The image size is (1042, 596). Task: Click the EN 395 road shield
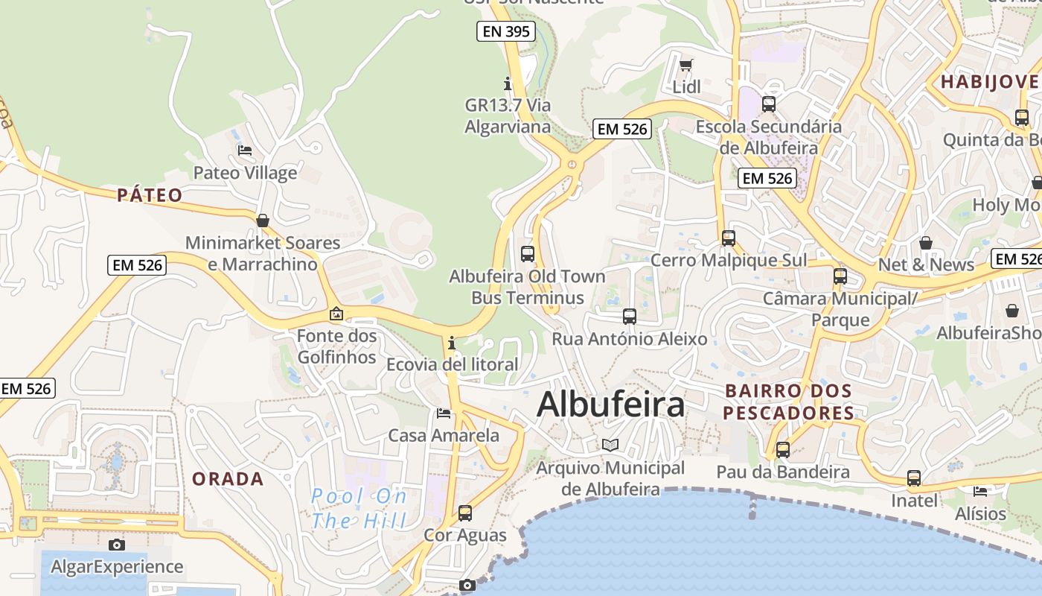pyautogui.click(x=507, y=31)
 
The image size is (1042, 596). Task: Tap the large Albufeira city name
pyautogui.click(x=610, y=405)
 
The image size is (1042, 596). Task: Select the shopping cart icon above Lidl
pyautogui.click(x=686, y=65)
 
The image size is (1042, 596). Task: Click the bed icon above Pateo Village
pyautogui.click(x=245, y=150)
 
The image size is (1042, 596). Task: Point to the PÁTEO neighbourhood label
pyautogui.click(x=150, y=195)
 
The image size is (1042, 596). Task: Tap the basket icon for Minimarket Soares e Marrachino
pyautogui.click(x=262, y=221)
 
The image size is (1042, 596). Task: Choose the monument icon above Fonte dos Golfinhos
pyautogui.click(x=336, y=314)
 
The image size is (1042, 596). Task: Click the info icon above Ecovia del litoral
pyautogui.click(x=452, y=343)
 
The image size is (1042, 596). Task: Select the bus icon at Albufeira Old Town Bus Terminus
pyautogui.click(x=528, y=254)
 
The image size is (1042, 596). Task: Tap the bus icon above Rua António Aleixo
pyautogui.click(x=630, y=317)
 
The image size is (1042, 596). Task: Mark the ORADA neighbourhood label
pyautogui.click(x=228, y=479)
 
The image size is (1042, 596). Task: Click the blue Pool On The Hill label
pyautogui.click(x=359, y=508)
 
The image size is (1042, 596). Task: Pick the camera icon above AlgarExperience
pyautogui.click(x=117, y=545)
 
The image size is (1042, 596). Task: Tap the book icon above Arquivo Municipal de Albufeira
pyautogui.click(x=610, y=446)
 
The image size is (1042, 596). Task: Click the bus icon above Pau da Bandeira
pyautogui.click(x=783, y=450)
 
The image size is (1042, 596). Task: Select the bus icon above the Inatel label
pyautogui.click(x=914, y=478)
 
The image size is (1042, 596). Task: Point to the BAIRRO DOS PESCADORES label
pyautogui.click(x=788, y=402)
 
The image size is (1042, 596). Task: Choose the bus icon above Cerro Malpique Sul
pyautogui.click(x=729, y=238)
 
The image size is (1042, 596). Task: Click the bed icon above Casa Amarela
pyautogui.click(x=444, y=413)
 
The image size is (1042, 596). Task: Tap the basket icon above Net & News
pyautogui.click(x=926, y=243)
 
